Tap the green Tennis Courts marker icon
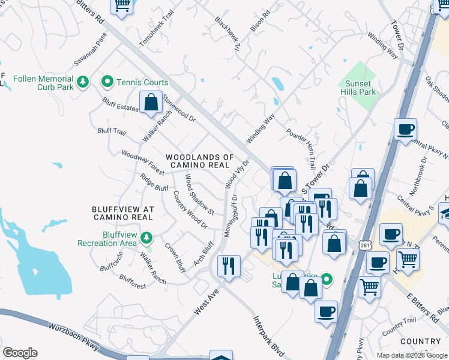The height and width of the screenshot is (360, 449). pyautogui.click(x=108, y=82)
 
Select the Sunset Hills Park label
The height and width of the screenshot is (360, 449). pyautogui.click(x=359, y=88)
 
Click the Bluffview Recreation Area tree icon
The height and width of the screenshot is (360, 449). pyautogui.click(x=146, y=239)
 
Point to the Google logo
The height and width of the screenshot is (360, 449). pyautogui.click(x=20, y=353)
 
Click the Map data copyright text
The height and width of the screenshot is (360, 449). pyautogui.click(x=412, y=355)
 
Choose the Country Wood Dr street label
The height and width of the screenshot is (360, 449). pyautogui.click(x=190, y=209)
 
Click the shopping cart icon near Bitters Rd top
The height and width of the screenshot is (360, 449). pyautogui.click(x=122, y=5)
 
